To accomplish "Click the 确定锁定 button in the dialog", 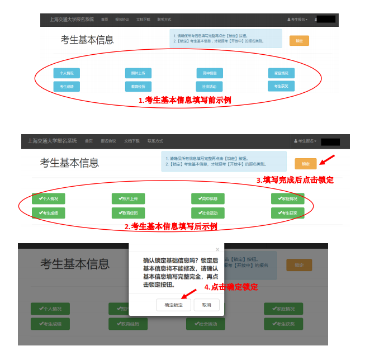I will click(x=173, y=305).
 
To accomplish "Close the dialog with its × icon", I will click(x=217, y=249).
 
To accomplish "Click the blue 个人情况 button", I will click(x=67, y=73).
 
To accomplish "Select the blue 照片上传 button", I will click(x=138, y=73).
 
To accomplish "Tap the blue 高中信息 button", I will click(x=210, y=73).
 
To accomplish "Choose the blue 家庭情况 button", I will click(x=281, y=73).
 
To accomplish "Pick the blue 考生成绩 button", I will click(x=67, y=86).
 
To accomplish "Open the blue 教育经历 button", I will click(x=138, y=86).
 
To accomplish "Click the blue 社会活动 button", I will click(x=210, y=86).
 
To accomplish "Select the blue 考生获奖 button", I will click(x=281, y=86).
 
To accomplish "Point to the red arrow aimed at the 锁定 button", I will click(x=327, y=160).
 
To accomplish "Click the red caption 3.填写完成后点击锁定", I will click(x=295, y=180).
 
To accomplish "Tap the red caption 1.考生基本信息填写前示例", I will click(x=185, y=100).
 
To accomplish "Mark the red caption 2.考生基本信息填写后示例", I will click(x=170, y=226).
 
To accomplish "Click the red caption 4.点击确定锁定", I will click(x=231, y=287).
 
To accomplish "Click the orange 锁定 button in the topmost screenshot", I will click(x=299, y=41).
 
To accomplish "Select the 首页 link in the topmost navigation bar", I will click(x=105, y=20).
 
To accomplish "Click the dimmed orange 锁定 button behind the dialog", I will click(x=299, y=265).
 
